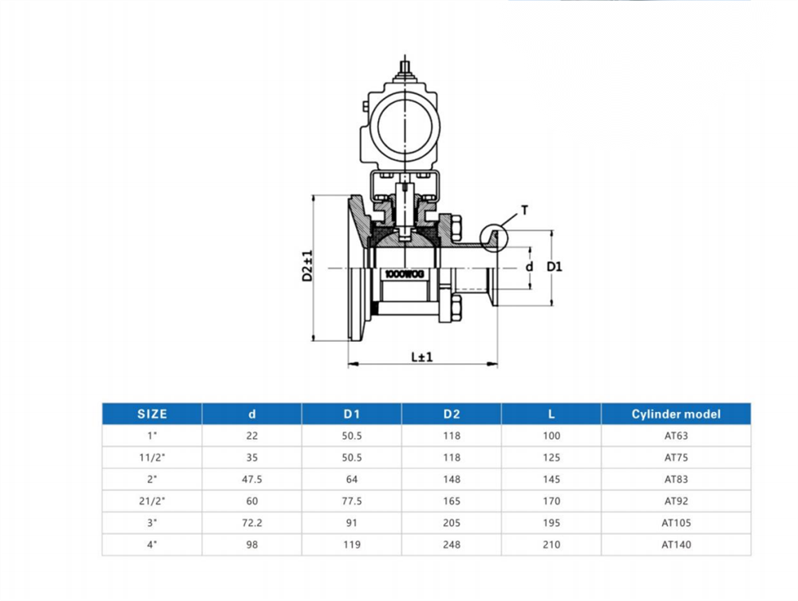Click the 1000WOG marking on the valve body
405,274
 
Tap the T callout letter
524,210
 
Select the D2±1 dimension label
307,266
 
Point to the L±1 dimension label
422,357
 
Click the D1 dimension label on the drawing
555,266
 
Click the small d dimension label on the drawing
529,266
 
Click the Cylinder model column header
676,414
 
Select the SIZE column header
152,414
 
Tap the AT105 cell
677,523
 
